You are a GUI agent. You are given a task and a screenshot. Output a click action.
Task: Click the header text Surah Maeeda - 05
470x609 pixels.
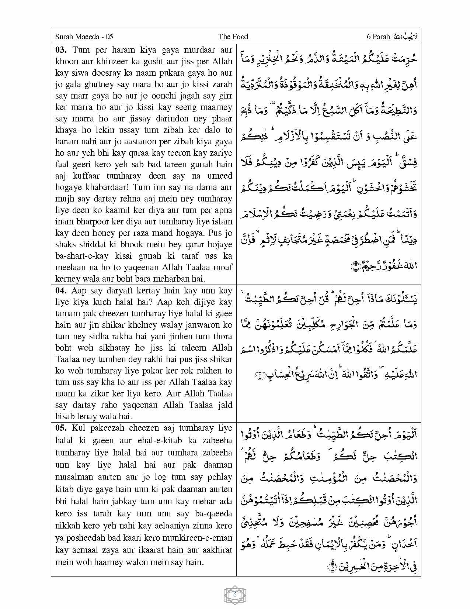(84, 37)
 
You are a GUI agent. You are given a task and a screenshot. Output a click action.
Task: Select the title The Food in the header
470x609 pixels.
(233, 37)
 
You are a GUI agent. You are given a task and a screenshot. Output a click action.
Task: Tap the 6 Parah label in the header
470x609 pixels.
(378, 37)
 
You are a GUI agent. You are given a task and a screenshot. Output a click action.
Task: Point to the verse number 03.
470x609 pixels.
(61, 50)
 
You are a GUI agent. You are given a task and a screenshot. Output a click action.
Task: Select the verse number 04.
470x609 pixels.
(61, 290)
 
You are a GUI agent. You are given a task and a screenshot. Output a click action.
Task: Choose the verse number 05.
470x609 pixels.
(61, 428)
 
